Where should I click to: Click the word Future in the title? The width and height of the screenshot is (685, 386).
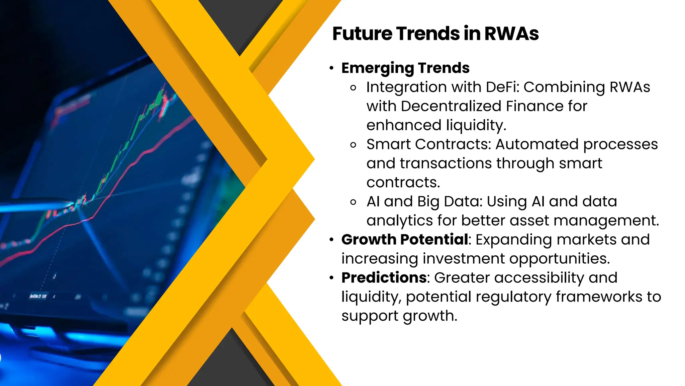pos(362,34)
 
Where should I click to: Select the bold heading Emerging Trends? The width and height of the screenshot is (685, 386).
pos(405,68)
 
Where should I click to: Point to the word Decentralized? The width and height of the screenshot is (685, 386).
pos(451,106)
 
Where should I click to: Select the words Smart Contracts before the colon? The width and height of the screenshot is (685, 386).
pos(428,144)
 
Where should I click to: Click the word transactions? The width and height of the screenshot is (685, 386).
pos(446,164)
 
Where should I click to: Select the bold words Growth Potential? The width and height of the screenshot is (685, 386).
pos(405,240)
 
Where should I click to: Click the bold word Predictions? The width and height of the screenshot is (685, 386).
pos(384,278)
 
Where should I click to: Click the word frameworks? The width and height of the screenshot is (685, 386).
pos(599,297)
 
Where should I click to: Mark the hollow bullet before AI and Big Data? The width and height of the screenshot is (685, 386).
pos(353,202)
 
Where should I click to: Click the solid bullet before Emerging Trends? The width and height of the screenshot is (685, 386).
pos(331,68)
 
